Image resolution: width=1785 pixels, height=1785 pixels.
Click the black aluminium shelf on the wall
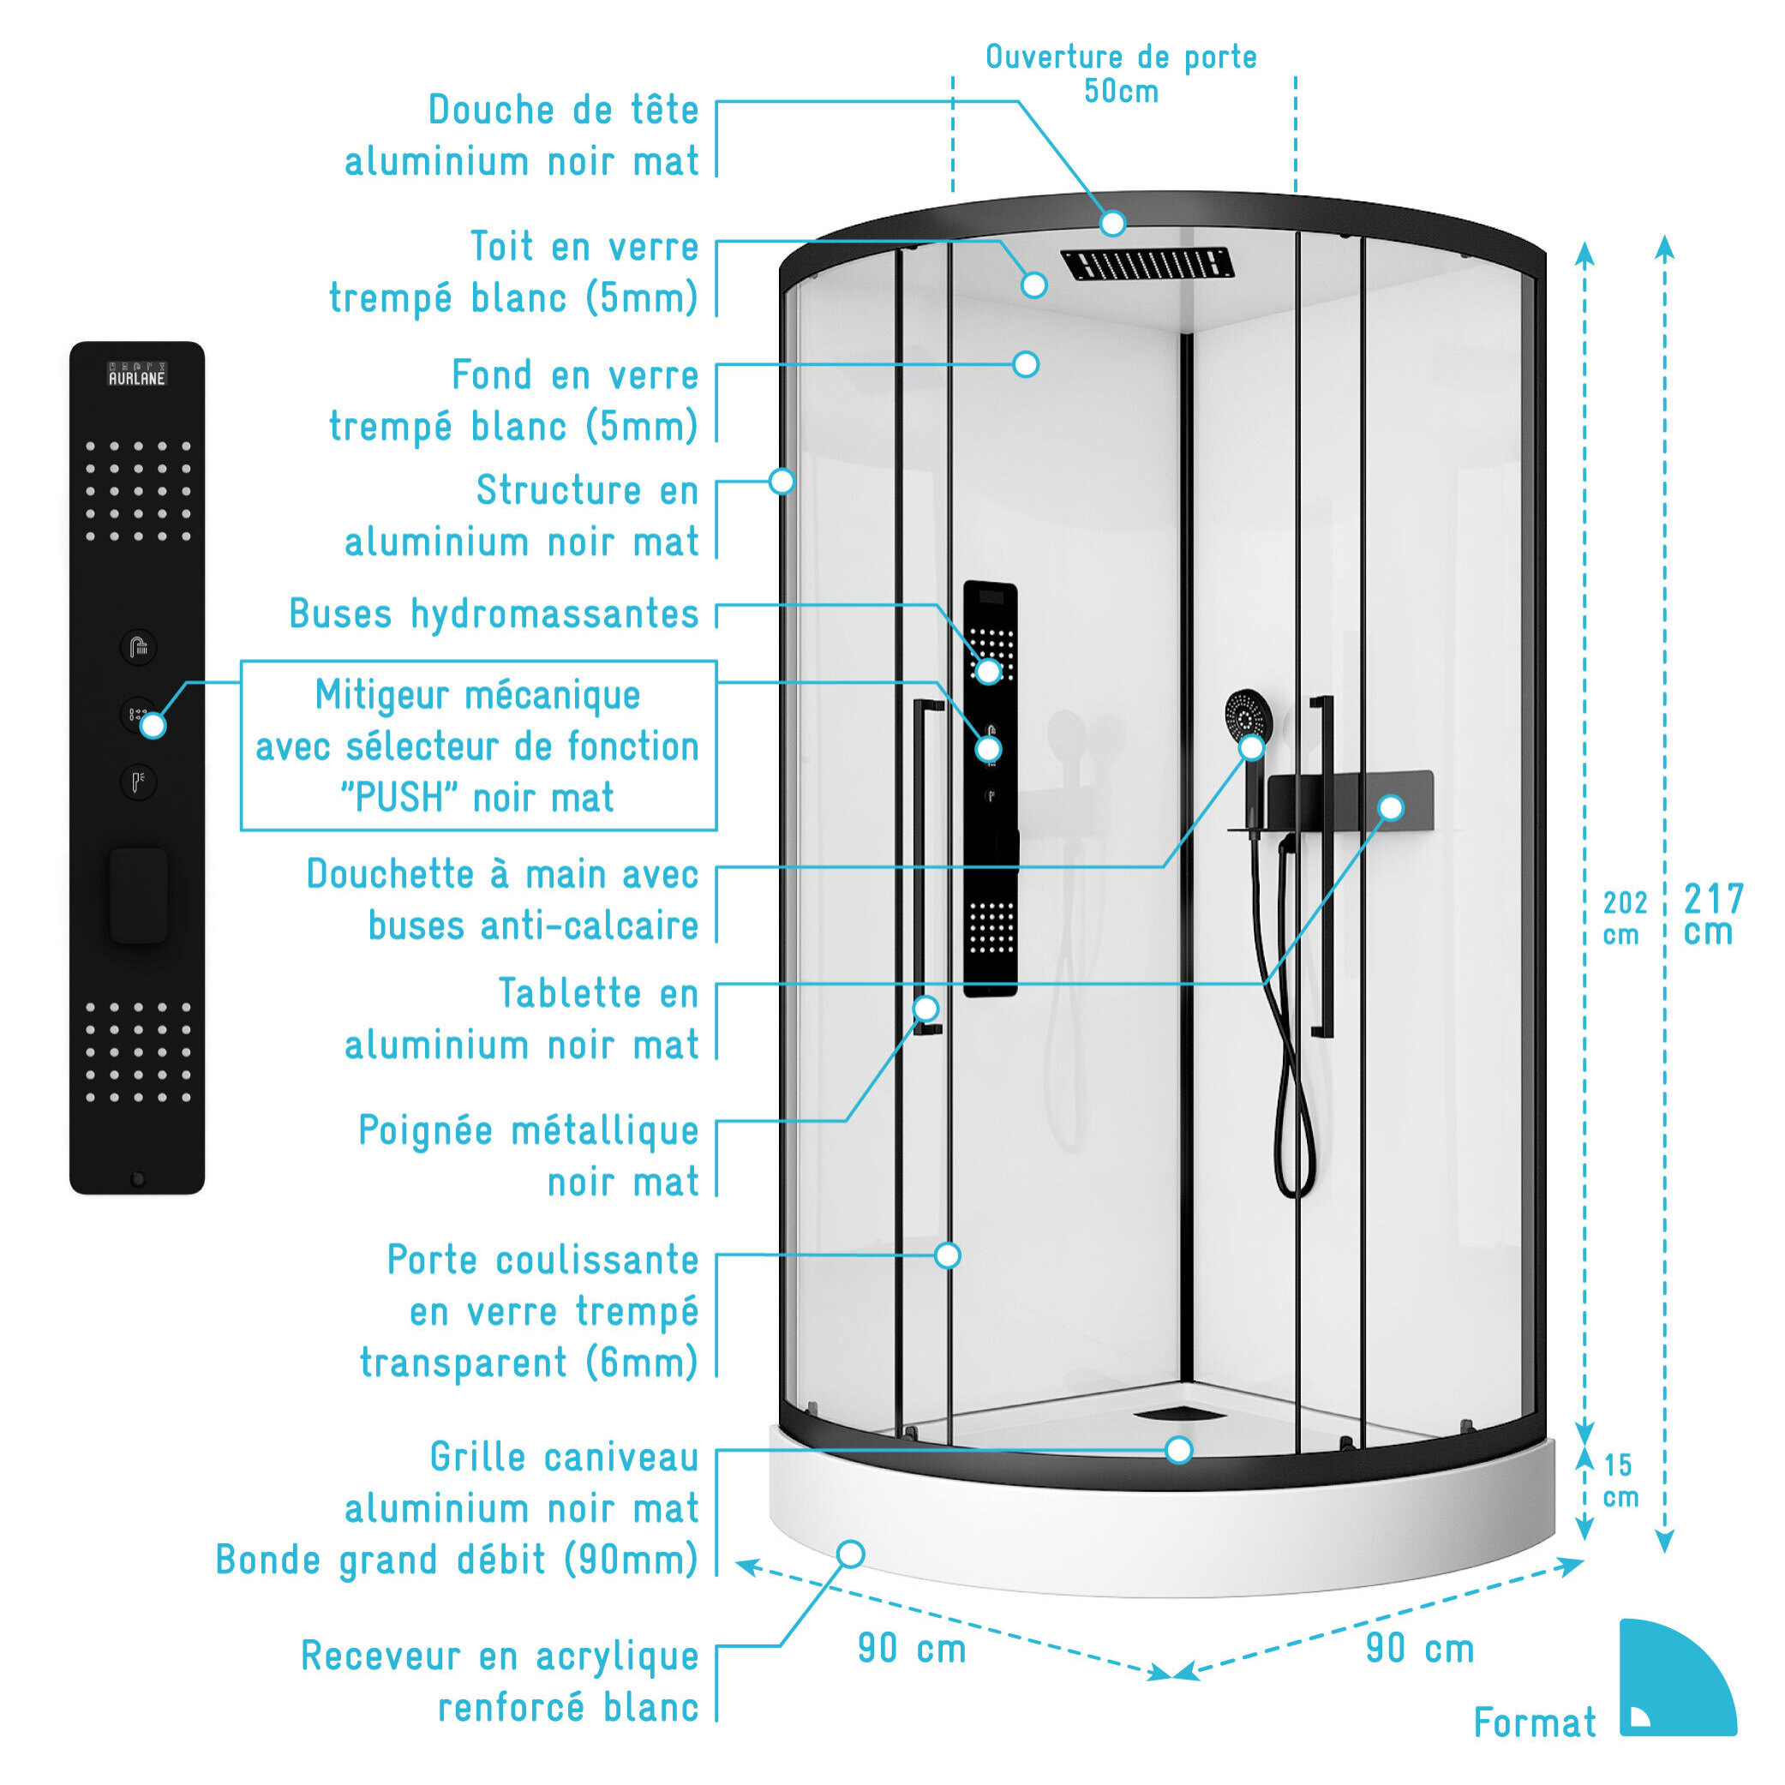(x=1350, y=802)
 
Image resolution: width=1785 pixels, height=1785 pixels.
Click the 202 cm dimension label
(x=1624, y=919)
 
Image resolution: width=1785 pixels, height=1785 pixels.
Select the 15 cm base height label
(x=1620, y=1480)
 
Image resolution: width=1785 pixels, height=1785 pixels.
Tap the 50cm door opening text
(x=1121, y=92)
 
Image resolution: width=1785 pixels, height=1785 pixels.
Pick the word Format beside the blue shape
(x=1535, y=1723)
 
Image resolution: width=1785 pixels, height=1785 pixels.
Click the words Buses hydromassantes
(x=494, y=614)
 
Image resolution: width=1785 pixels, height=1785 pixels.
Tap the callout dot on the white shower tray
(x=850, y=1554)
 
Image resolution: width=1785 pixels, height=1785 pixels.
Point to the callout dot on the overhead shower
(x=1112, y=223)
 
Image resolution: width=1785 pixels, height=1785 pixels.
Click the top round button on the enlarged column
(x=139, y=647)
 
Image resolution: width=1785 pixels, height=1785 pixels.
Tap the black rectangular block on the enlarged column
(x=139, y=895)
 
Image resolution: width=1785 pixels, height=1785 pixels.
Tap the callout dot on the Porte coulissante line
(x=947, y=1255)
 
